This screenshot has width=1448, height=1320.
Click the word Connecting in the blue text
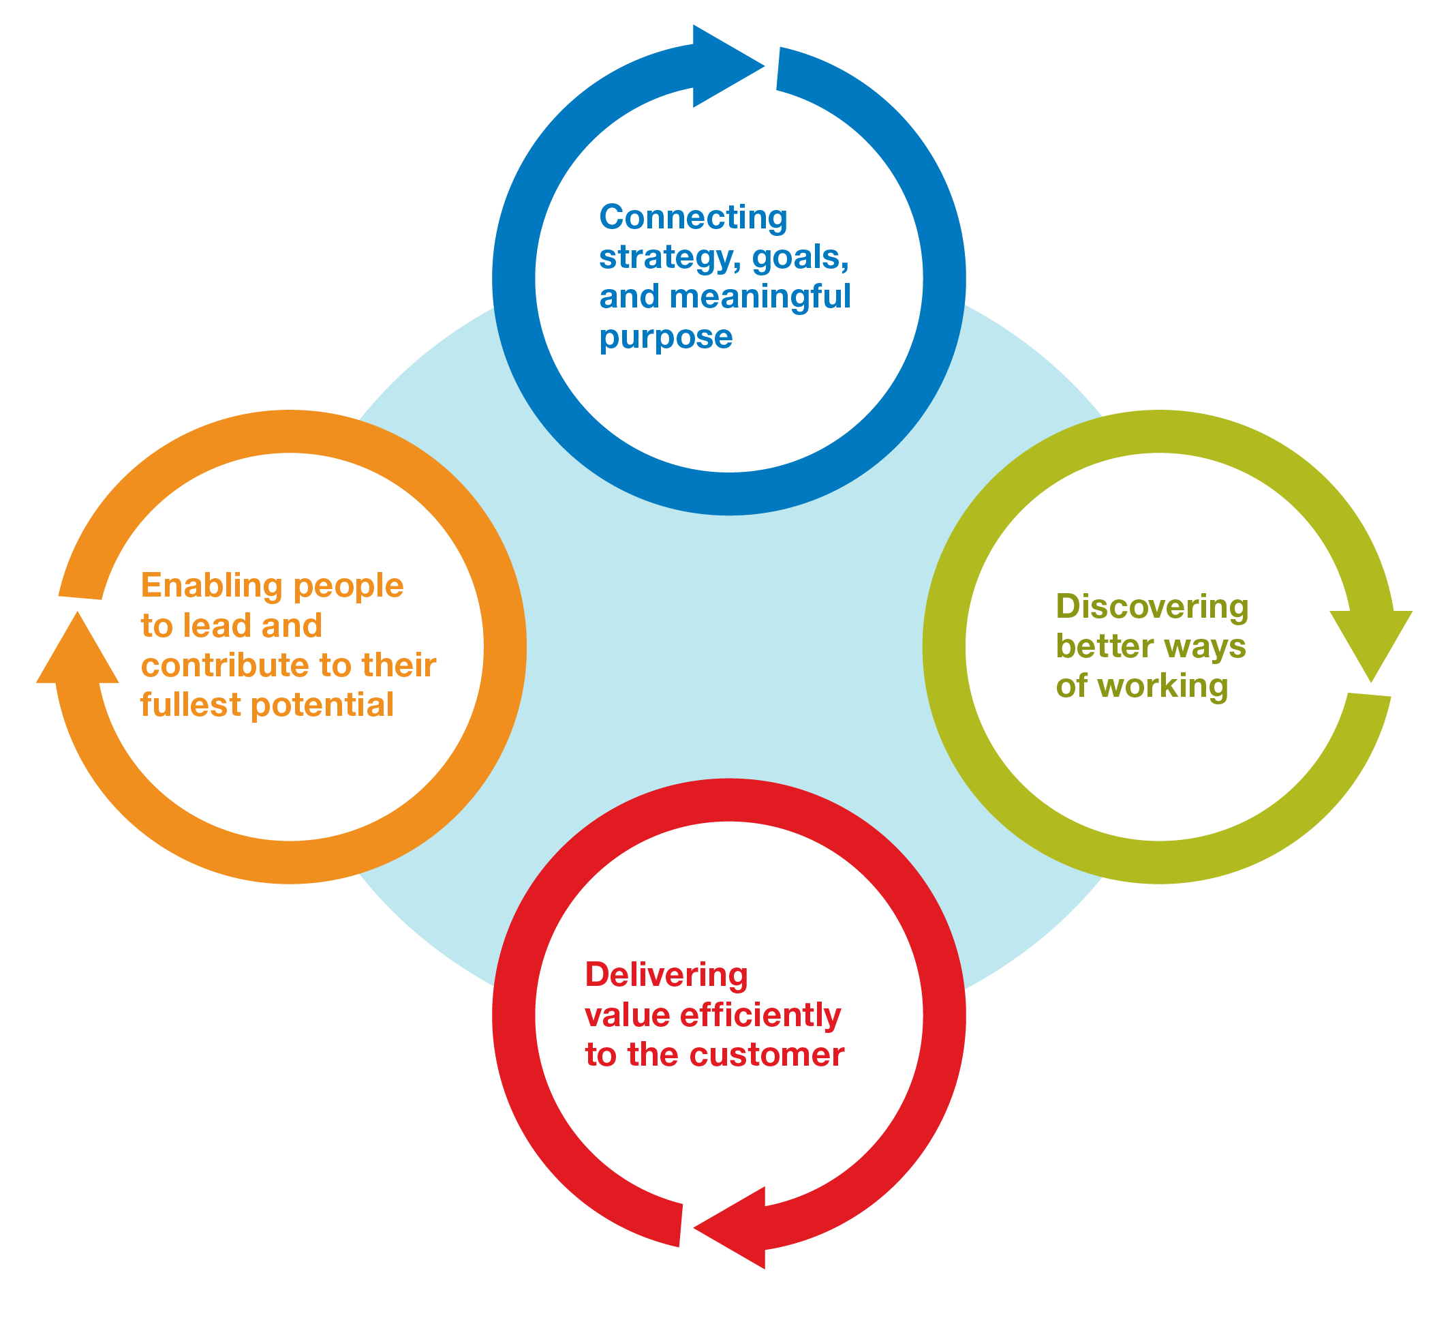693,217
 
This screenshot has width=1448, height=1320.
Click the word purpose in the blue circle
666,337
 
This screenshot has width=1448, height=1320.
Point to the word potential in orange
322,705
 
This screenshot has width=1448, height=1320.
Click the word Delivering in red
666,976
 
